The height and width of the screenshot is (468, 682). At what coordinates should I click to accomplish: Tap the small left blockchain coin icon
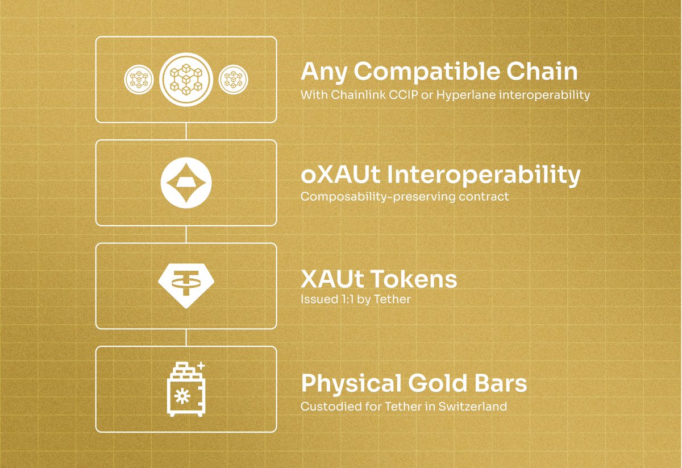pyautogui.click(x=139, y=80)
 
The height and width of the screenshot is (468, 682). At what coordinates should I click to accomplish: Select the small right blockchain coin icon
pyautogui.click(x=232, y=80)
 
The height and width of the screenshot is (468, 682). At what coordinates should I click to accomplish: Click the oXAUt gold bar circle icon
pyautogui.click(x=186, y=183)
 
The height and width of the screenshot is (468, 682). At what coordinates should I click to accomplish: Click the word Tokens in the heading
pyautogui.click(x=414, y=279)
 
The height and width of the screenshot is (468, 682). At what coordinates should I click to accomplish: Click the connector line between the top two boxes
pyautogui.click(x=186, y=131)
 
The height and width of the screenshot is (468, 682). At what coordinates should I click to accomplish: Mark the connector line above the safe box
pyautogui.click(x=186, y=337)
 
